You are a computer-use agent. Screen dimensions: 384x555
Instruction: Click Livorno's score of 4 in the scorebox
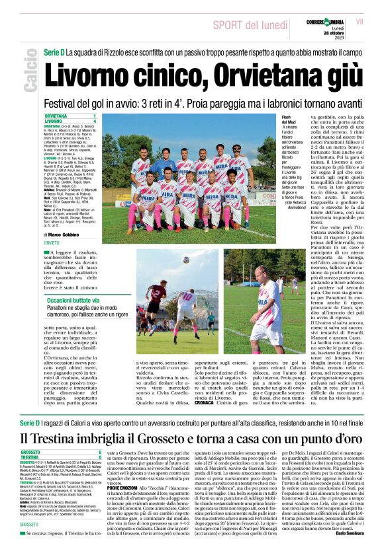(x=95, y=122)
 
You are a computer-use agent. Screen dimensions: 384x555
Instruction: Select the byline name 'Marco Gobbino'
(x=72, y=234)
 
